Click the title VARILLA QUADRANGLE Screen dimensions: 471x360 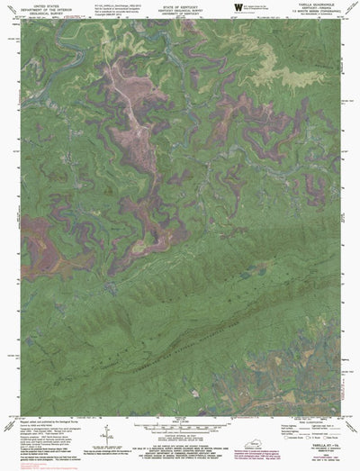tap(312, 4)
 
